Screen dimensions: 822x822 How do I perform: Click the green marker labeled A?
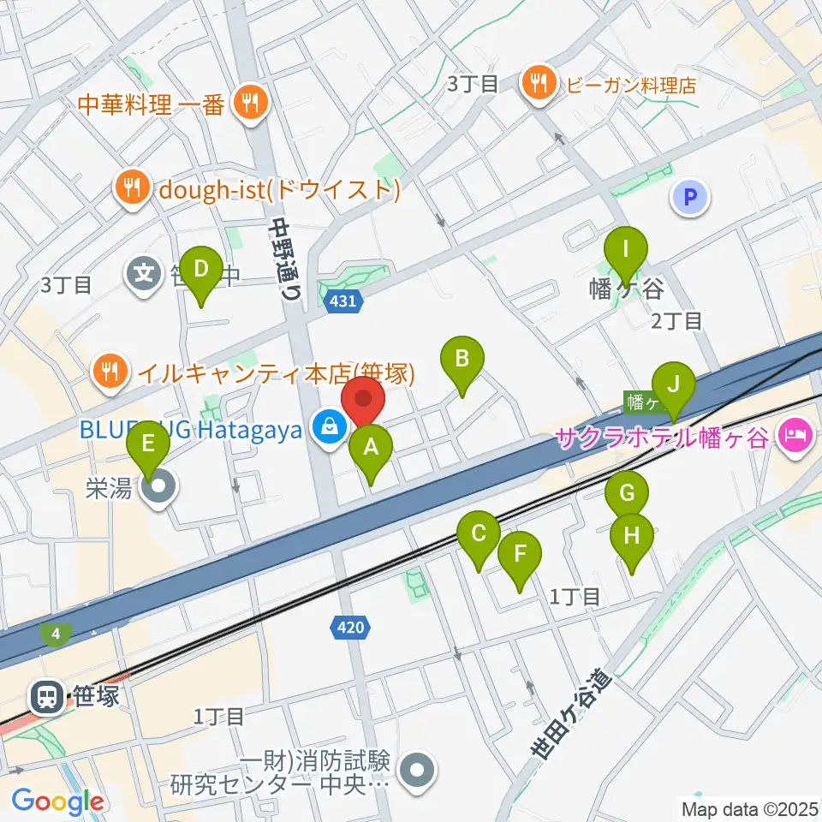point(371,446)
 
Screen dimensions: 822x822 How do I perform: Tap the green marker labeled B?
point(462,358)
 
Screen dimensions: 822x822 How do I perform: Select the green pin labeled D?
point(200,269)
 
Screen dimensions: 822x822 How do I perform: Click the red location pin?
point(363,400)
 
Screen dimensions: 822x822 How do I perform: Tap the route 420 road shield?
point(351,628)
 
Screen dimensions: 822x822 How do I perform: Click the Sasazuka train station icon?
point(44,696)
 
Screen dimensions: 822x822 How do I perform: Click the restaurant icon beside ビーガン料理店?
point(538,84)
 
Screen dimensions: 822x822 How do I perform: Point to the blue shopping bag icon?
point(328,424)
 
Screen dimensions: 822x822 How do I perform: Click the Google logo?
point(57,802)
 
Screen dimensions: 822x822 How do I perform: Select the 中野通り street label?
point(286,256)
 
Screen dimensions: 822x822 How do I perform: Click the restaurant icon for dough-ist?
point(131,188)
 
